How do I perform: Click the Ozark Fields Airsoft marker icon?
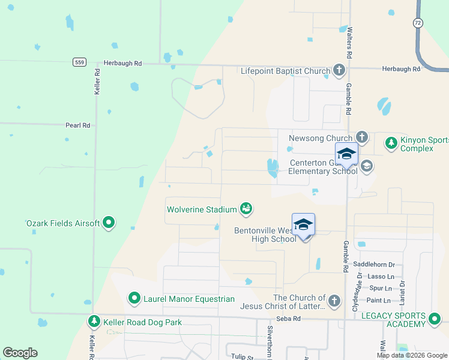pyautogui.click(x=109, y=223)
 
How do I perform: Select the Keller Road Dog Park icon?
pyautogui.click(x=94, y=322)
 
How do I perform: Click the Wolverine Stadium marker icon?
pyautogui.click(x=246, y=209)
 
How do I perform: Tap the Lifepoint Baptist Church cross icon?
pyautogui.click(x=339, y=71)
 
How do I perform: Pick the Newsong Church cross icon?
pyautogui.click(x=361, y=138)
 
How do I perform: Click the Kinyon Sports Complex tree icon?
pyautogui.click(x=391, y=143)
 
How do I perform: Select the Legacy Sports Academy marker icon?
pyautogui.click(x=434, y=320)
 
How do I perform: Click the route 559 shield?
pyautogui.click(x=79, y=62)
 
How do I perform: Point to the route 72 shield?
pyautogui.click(x=417, y=22)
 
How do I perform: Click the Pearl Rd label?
pyautogui.click(x=77, y=125)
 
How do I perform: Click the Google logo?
pyautogui.click(x=20, y=353)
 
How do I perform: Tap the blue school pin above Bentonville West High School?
pyautogui.click(x=303, y=225)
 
